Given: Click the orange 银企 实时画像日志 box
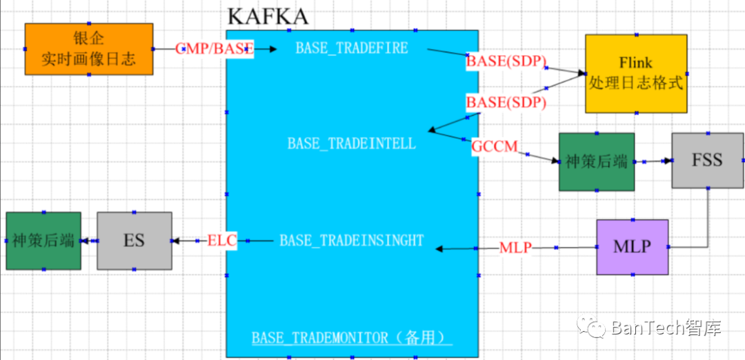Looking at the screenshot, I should [88, 49].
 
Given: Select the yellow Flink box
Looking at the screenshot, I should [636, 74].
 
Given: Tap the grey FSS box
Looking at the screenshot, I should [707, 161].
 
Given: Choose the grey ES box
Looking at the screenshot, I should [134, 241].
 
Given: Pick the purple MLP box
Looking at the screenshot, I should [632, 247].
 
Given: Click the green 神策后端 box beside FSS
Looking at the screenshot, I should [596, 162].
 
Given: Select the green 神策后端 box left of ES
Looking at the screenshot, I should [43, 241].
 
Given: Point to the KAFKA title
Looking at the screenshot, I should [268, 16].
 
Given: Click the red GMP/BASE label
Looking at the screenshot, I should [215, 49].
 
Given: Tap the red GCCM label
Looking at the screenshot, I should [495, 146].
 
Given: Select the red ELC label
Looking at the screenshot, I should [222, 241].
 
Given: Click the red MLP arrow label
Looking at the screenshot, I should [515, 248].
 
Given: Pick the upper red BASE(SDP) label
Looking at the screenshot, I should [506, 61].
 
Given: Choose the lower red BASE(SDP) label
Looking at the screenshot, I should [506, 102].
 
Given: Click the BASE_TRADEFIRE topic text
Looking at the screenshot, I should [352, 48].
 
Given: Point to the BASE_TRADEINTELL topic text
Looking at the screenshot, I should [352, 143].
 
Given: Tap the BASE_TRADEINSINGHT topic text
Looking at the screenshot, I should [351, 241].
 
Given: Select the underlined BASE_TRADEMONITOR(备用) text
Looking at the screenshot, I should [352, 338].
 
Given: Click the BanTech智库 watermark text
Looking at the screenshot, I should [665, 328].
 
